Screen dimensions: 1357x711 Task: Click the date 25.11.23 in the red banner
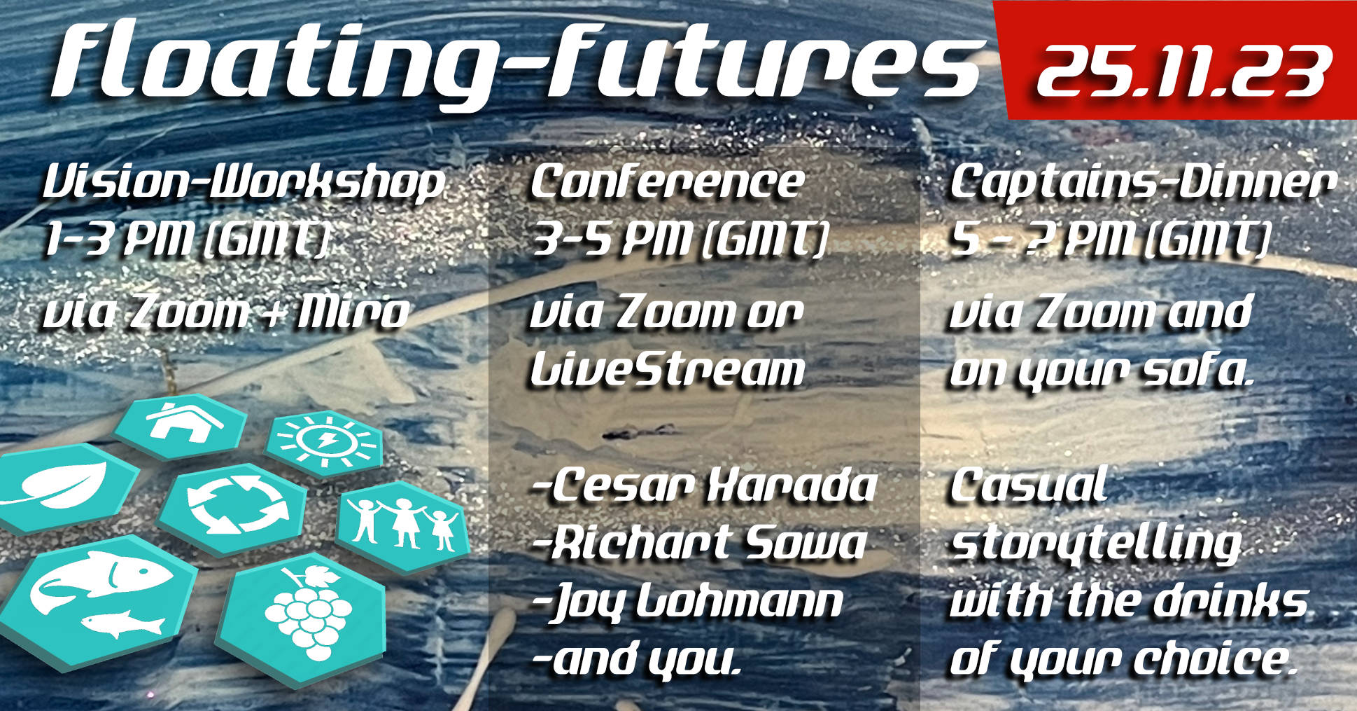(1183, 71)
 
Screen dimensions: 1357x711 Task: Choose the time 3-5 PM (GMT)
(680, 239)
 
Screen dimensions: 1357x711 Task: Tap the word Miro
(353, 312)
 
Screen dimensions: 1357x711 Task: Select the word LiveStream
(667, 369)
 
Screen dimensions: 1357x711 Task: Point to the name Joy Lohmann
(688, 603)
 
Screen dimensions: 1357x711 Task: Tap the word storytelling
(1096, 544)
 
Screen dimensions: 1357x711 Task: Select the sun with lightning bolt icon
(325, 441)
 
